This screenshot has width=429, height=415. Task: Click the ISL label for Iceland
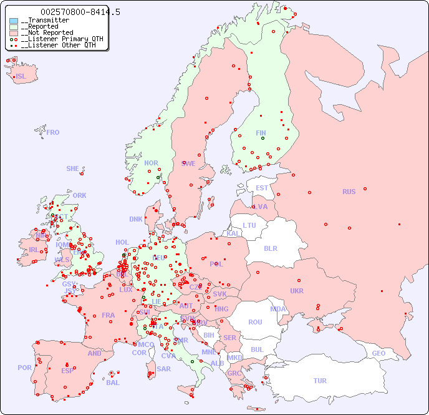coord(21,77)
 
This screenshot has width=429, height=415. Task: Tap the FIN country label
coord(261,133)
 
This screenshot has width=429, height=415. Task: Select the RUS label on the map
coord(349,192)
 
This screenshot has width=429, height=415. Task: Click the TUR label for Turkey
coord(320,381)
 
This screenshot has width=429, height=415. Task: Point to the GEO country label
coord(378,353)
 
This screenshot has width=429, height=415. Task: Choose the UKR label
coord(297,291)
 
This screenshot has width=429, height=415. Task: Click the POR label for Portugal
coord(24,368)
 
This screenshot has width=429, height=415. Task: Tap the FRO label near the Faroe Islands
coord(53,132)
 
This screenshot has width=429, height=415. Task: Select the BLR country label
coord(270,248)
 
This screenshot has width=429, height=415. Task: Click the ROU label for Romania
coord(255,322)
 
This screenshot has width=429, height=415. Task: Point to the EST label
coord(262,188)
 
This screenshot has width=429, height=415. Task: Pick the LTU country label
coord(249,225)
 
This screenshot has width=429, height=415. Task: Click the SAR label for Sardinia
coord(163,369)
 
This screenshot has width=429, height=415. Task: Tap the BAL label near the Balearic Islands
coord(113,383)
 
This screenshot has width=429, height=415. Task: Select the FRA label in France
coord(108,315)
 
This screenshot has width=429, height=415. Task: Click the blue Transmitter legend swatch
coord(14,21)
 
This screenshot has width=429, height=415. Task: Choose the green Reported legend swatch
coord(14,27)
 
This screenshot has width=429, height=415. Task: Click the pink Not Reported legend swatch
coord(14,33)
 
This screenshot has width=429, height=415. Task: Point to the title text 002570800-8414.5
coord(80,12)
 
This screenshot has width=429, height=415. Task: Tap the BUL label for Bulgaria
coord(257,349)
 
